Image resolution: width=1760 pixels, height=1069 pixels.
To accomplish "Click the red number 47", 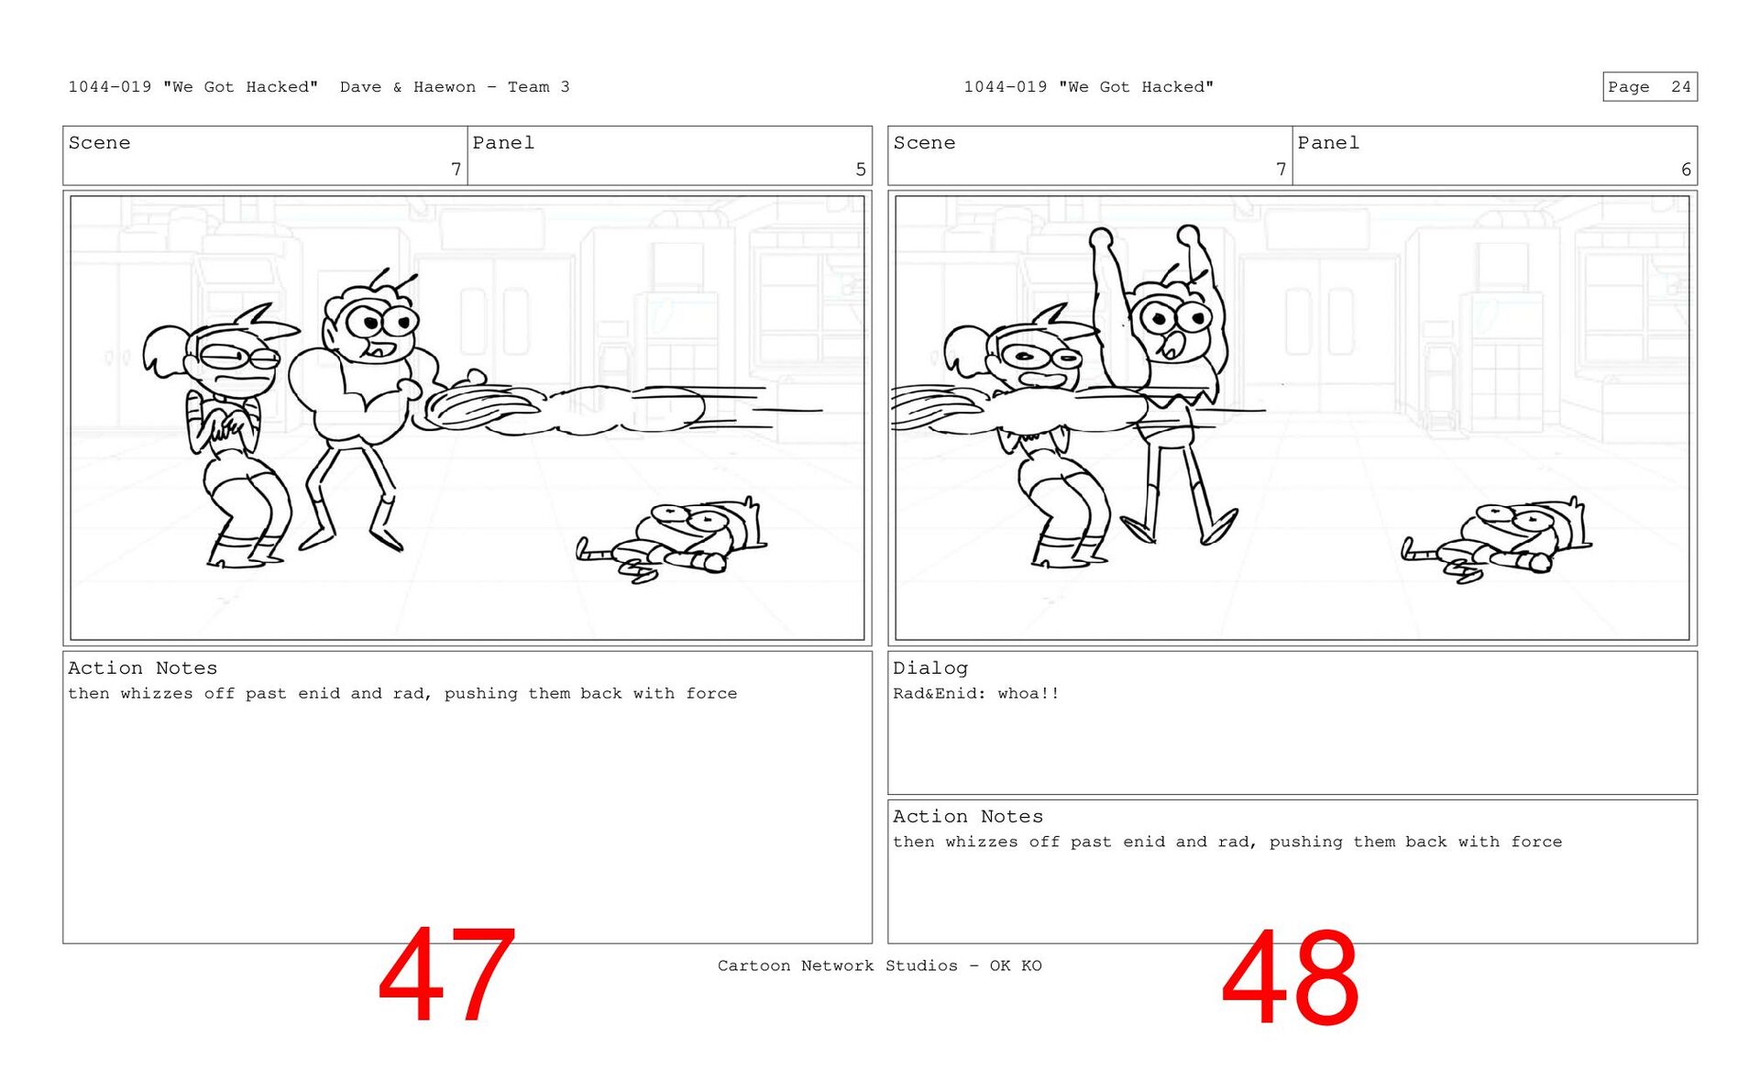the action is coord(446,975).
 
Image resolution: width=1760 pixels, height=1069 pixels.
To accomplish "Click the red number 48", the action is coord(1290,977).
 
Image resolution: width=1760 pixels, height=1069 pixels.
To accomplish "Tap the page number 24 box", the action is coord(1650,86).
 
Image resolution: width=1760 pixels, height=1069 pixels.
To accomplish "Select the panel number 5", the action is coord(861,170).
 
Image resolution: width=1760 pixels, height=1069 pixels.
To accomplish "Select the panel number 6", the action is coord(1686,170).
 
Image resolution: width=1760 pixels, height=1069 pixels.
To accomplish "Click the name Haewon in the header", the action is coord(445,87).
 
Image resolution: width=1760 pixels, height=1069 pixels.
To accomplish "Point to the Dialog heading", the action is coord(930,668).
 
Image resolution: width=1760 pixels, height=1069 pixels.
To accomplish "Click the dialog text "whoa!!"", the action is coord(1028,694).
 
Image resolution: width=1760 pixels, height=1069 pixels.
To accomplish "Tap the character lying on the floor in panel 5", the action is coord(674,541).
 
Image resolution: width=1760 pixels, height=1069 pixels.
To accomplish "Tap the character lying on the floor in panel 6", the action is coord(1499,541).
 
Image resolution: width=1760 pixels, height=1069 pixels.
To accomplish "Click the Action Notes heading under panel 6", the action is coord(968,817).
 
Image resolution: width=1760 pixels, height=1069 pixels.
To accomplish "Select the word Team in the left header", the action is coord(529,87).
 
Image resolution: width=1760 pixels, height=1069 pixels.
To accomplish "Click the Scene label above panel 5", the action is coord(99,143).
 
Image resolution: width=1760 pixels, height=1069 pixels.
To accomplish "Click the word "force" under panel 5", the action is coord(711,694).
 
